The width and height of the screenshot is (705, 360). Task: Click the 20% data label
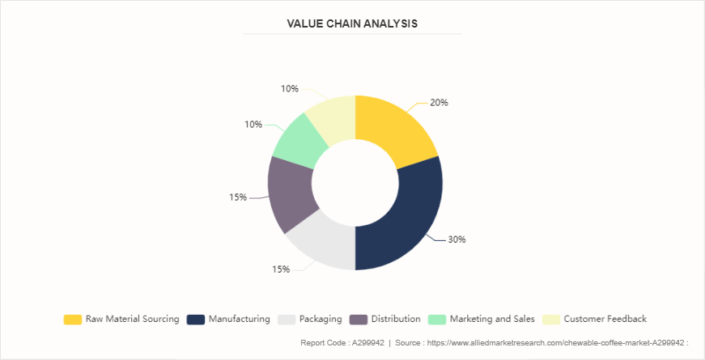click(x=439, y=103)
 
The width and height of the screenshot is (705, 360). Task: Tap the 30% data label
click(x=457, y=239)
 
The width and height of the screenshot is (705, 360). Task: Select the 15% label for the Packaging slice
click(x=280, y=269)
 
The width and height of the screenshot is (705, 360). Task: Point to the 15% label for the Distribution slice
click(x=237, y=197)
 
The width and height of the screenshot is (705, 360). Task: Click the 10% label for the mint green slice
click(x=253, y=124)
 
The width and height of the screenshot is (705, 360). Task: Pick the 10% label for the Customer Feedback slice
click(x=290, y=88)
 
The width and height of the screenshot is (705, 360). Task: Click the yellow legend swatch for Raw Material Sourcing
click(x=72, y=320)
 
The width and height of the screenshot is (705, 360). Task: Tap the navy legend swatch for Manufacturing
click(x=195, y=320)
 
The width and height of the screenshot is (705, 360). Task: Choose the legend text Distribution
click(x=396, y=320)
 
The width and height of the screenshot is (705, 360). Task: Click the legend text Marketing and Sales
click(x=492, y=320)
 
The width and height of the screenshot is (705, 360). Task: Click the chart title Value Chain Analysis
click(x=352, y=23)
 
